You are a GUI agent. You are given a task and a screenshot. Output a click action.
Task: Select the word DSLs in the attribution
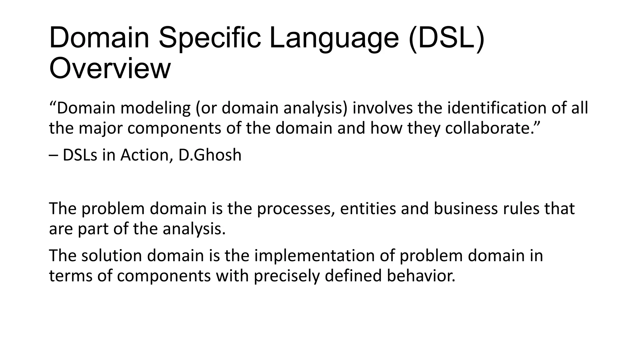coord(80,155)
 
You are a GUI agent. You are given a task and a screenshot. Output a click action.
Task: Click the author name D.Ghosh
coord(210,155)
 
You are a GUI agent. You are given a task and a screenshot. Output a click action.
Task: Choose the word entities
coord(368,209)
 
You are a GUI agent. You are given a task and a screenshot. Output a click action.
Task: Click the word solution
coord(112,256)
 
